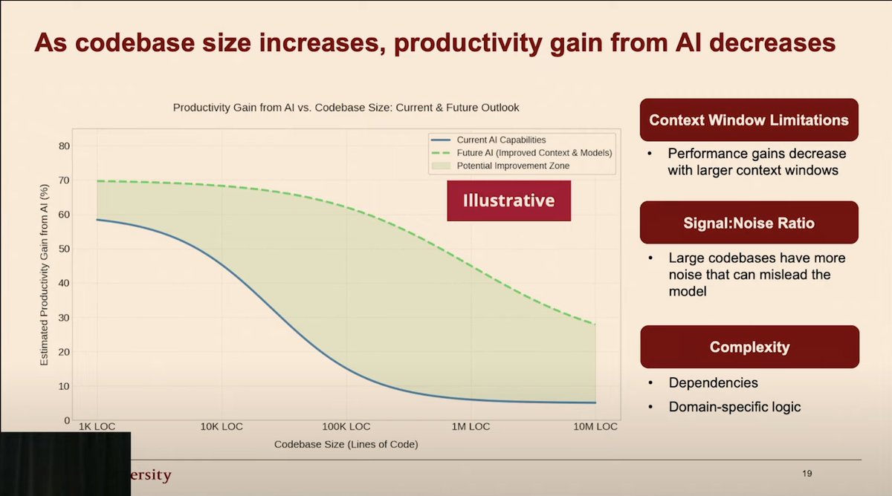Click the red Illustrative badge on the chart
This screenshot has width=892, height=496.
point(508,200)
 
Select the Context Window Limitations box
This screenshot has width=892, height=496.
point(749,120)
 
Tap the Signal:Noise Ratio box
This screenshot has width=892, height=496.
point(749,223)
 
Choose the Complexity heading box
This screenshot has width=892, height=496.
point(749,347)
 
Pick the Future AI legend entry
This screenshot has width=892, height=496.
point(534,152)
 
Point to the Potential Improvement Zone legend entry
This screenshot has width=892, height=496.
point(513,166)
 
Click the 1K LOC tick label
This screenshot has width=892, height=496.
point(97,427)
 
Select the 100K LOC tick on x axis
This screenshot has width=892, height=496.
point(346,427)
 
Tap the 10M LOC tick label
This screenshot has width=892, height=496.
point(595,427)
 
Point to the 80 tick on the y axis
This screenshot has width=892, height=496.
point(64,146)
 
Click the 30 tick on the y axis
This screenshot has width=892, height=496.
point(64,317)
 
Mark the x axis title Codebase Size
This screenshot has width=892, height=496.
point(346,444)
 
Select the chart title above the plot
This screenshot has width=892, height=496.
point(346,108)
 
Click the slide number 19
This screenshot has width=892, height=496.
point(807,474)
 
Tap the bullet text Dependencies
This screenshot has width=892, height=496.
point(713,383)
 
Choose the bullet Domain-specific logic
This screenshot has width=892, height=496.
point(734,407)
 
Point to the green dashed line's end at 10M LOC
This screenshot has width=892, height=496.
point(595,324)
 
